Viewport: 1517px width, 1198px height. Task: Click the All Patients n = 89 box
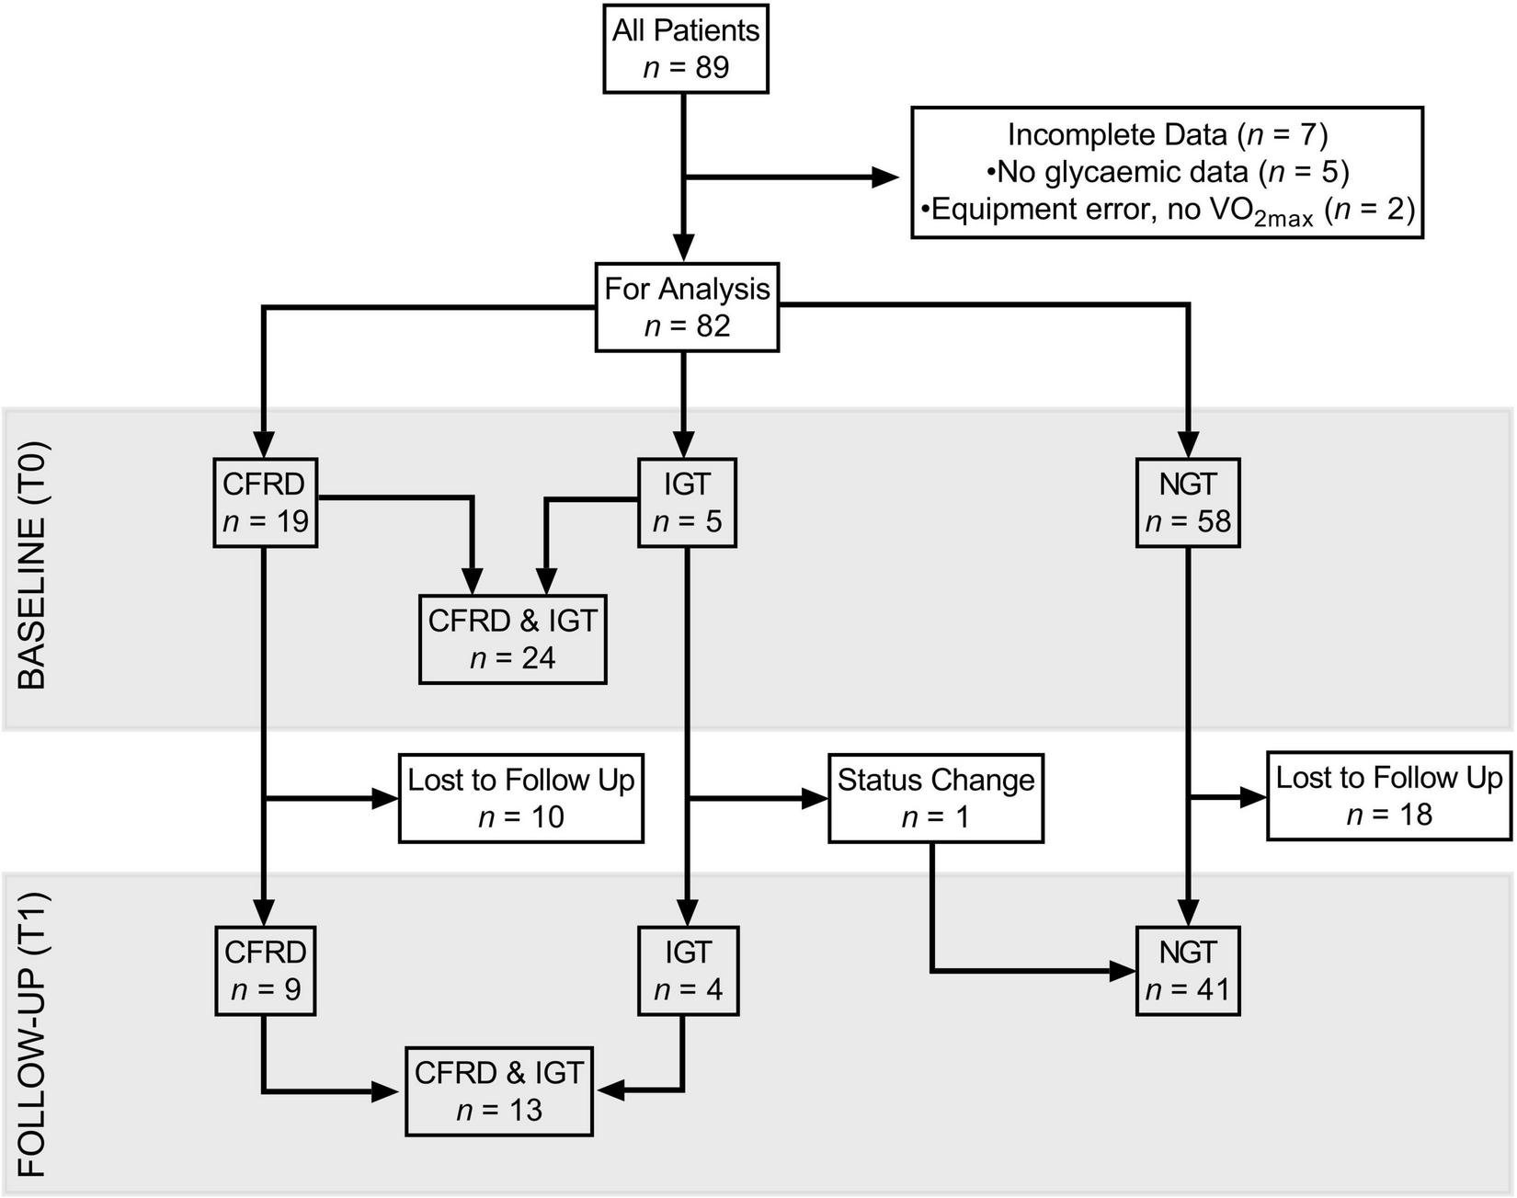click(686, 49)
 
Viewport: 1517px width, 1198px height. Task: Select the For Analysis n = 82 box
click(687, 307)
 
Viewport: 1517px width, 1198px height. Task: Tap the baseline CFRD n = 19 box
click(265, 502)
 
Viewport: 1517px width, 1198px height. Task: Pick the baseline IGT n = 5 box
click(687, 502)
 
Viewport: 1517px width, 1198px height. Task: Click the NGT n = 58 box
click(1188, 502)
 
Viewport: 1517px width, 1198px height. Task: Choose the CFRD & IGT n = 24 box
click(512, 639)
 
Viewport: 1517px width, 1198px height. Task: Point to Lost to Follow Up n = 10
click(520, 798)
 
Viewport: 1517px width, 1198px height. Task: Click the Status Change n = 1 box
click(935, 798)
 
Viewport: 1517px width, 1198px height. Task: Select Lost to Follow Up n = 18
click(1388, 796)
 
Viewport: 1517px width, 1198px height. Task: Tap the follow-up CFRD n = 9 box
click(265, 971)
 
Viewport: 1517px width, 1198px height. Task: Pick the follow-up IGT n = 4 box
click(688, 971)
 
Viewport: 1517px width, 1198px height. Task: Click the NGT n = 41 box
click(1188, 971)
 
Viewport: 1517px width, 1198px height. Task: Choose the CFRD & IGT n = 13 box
click(499, 1090)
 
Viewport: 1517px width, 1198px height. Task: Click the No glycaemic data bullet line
click(1167, 172)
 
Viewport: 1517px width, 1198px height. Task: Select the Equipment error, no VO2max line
click(1167, 211)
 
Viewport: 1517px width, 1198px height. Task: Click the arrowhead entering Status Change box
click(816, 799)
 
